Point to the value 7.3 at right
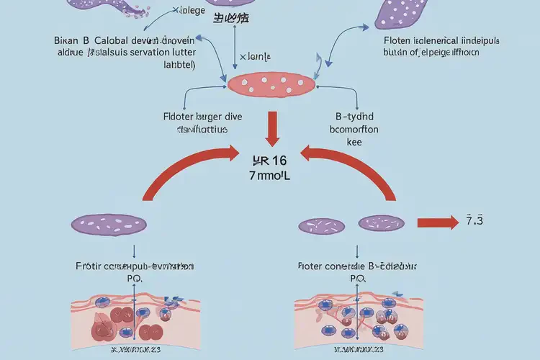pyautogui.click(x=474, y=220)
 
